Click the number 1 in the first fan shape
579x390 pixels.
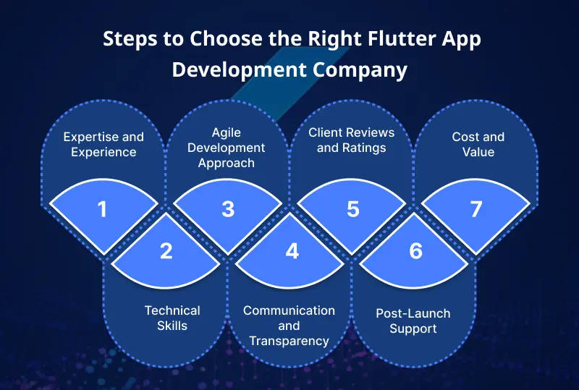tap(102, 209)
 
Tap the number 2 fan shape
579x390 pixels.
tap(166, 251)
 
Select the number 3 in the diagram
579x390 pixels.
tap(228, 209)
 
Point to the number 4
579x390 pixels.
tap(291, 251)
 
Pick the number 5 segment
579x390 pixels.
tap(353, 209)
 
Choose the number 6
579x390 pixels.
tap(415, 251)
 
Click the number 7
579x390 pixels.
tap(476, 209)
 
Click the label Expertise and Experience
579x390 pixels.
tap(103, 144)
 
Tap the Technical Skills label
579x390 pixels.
tap(172, 318)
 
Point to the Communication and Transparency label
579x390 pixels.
tap(289, 325)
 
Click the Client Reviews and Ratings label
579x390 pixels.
tap(352, 140)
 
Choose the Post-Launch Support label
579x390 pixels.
tap(413, 321)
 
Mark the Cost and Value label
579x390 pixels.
tap(478, 144)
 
